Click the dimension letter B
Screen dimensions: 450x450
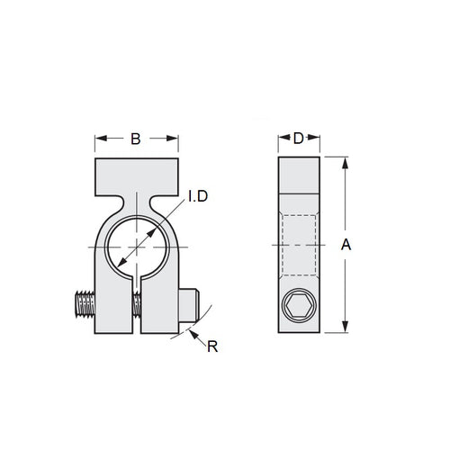[135, 139]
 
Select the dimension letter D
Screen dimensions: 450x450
[298, 139]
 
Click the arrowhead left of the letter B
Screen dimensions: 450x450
[100, 139]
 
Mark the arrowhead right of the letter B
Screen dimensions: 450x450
[171, 139]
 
